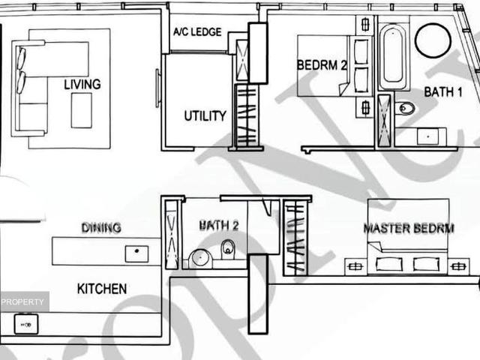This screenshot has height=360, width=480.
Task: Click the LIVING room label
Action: (82, 84)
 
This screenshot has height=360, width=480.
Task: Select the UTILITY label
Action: (205, 115)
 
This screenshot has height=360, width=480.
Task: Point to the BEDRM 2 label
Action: (322, 65)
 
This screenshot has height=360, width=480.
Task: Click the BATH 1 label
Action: (443, 92)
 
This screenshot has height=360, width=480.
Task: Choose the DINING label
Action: (101, 227)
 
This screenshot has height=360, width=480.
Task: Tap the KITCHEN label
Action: (101, 288)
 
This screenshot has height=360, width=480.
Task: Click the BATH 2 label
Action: (218, 225)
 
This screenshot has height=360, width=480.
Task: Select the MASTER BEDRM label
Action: (409, 228)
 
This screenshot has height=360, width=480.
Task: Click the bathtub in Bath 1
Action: (393, 57)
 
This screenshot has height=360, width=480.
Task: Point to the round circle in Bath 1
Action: (433, 40)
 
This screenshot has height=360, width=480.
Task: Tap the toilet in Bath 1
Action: (405, 108)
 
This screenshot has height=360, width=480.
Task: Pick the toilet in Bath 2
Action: (228, 249)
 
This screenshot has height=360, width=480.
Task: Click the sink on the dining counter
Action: (136, 253)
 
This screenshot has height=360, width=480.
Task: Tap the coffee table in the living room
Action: (81, 110)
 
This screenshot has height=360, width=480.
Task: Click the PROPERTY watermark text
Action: (23, 301)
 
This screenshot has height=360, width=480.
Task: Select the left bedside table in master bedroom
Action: (354, 265)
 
